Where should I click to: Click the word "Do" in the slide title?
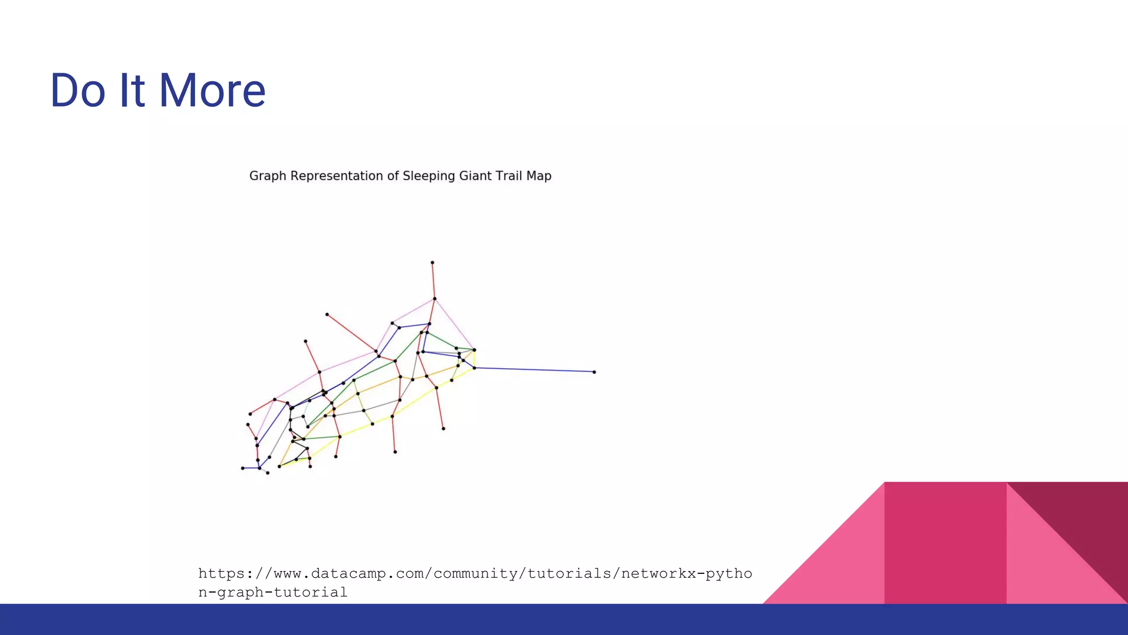77,90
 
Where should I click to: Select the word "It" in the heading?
132,90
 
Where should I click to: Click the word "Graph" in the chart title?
268,176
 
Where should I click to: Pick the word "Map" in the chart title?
539,176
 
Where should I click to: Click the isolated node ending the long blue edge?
594,372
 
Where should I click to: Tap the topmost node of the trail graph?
432,263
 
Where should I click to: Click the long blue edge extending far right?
534,370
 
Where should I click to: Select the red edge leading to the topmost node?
433,281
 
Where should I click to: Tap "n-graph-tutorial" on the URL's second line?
273,593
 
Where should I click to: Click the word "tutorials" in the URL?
569,574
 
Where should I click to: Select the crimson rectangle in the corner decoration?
945,543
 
